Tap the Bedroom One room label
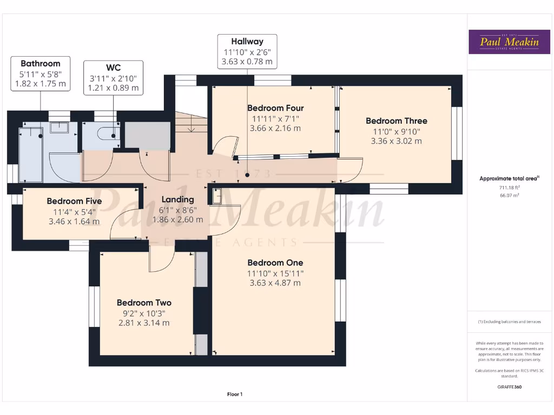point(275,263)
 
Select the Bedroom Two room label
point(144,303)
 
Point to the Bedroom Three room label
point(396,121)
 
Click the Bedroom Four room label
point(275,108)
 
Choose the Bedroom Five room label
point(74,201)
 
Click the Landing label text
point(177,199)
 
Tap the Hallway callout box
point(247,51)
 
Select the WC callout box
point(113,77)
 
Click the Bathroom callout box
point(41,73)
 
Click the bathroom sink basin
point(59,128)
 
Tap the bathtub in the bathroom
point(30,154)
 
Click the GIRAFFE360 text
point(509,387)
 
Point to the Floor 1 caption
point(235,394)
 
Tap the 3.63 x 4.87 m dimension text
point(275,283)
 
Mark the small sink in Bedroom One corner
point(217,197)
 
